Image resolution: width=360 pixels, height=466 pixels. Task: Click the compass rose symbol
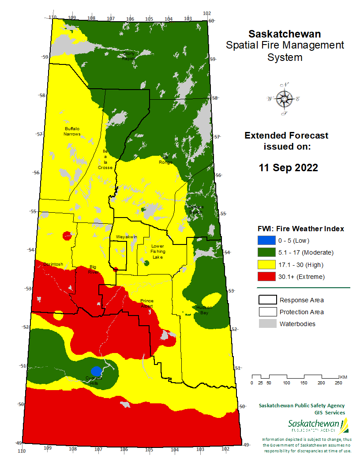284,99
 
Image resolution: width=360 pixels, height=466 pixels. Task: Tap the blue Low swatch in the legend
266,241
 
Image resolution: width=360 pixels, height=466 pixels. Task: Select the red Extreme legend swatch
266,277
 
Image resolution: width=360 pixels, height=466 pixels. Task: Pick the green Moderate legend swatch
266,252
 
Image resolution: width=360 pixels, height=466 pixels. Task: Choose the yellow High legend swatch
266,265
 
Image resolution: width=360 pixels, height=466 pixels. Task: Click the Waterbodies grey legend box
266,324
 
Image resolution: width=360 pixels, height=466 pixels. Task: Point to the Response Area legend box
266,300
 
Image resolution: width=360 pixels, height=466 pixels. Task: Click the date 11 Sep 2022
288,168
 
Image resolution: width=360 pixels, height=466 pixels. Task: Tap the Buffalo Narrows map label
72,131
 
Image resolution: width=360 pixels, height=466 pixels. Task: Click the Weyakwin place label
127,237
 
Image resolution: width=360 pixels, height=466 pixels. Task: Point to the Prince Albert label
146,303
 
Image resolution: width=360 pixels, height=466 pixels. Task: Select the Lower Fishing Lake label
157,252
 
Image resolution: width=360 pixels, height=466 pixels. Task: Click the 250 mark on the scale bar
338,383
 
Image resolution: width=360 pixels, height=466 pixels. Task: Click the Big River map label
93,270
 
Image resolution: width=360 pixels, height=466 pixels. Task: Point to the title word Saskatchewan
285,34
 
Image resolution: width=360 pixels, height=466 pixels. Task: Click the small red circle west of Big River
67,235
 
